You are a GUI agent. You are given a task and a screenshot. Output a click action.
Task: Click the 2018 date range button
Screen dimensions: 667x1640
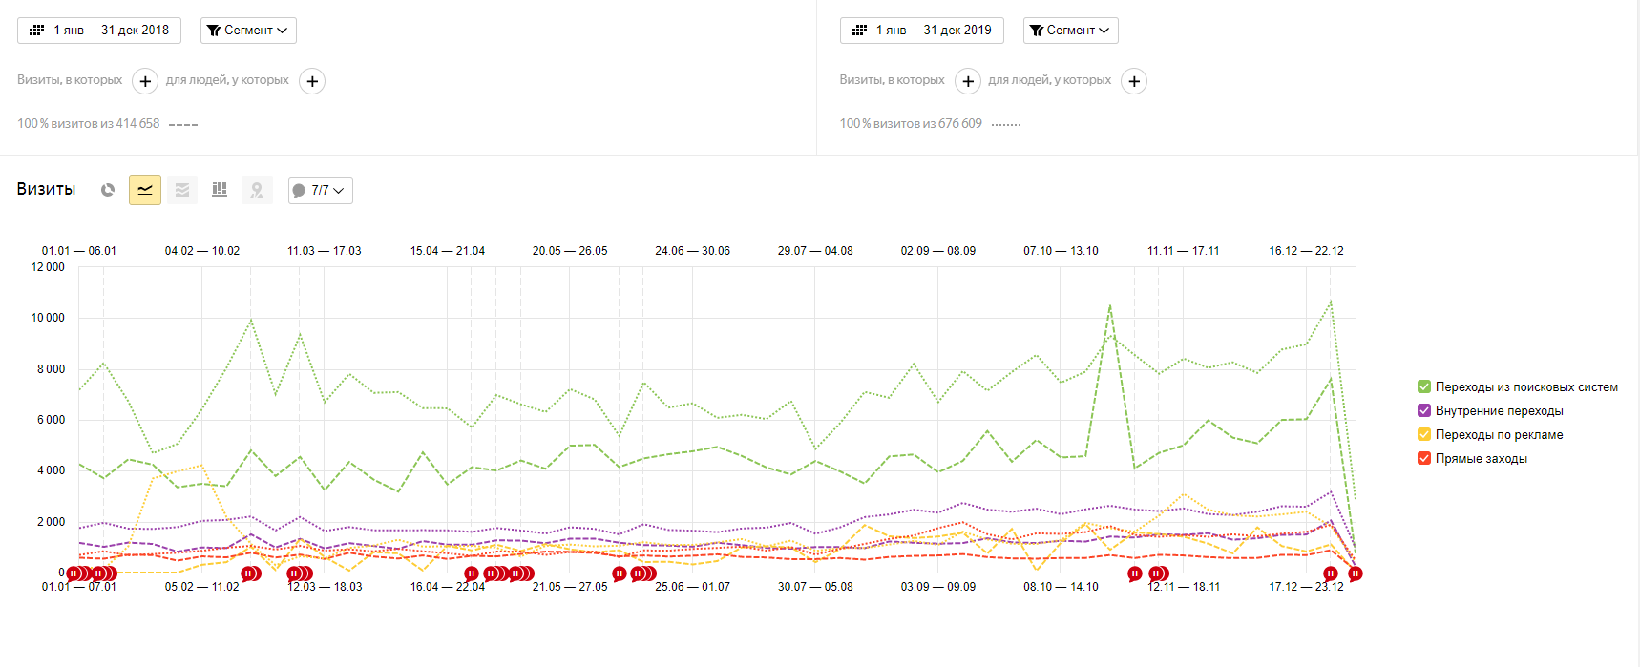(x=99, y=31)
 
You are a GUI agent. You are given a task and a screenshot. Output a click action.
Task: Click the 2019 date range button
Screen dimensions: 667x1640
(x=921, y=31)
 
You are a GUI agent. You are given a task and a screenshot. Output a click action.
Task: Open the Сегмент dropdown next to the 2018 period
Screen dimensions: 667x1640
(x=248, y=31)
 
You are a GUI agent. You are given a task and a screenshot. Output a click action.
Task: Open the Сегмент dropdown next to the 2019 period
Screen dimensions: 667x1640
(x=1070, y=31)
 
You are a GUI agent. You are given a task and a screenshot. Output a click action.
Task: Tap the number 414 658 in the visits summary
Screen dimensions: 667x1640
(x=137, y=124)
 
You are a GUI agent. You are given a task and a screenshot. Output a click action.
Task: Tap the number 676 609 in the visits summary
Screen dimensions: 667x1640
(x=959, y=124)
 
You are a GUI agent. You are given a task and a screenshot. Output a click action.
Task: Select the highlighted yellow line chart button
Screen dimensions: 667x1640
(x=145, y=190)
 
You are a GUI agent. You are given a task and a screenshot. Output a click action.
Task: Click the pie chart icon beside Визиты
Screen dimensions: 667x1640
(x=108, y=190)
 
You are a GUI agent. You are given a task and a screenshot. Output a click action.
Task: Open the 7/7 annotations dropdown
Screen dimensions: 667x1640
(x=321, y=191)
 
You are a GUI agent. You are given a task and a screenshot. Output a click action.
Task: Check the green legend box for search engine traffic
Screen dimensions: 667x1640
(x=1424, y=386)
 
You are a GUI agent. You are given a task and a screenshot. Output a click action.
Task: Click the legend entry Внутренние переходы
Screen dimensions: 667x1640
(x=1499, y=411)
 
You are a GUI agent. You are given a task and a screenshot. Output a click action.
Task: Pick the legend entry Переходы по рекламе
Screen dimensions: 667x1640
(x=1499, y=435)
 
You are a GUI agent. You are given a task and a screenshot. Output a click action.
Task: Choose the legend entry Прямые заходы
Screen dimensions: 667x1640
(x=1481, y=459)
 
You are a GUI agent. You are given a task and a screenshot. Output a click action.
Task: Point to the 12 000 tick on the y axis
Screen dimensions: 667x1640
(x=48, y=267)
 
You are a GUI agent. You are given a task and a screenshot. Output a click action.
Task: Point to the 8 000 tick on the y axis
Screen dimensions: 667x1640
(x=51, y=369)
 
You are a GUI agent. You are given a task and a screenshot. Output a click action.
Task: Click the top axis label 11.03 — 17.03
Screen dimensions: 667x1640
(x=325, y=251)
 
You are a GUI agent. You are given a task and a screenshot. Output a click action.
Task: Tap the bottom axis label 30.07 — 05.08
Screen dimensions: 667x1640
(x=815, y=587)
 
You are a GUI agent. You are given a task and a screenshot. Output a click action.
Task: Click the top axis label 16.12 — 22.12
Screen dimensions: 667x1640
(x=1306, y=251)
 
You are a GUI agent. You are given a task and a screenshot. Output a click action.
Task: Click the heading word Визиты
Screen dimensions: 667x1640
(x=46, y=189)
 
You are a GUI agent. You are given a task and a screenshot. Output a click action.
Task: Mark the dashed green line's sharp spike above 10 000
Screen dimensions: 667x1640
(x=1110, y=306)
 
